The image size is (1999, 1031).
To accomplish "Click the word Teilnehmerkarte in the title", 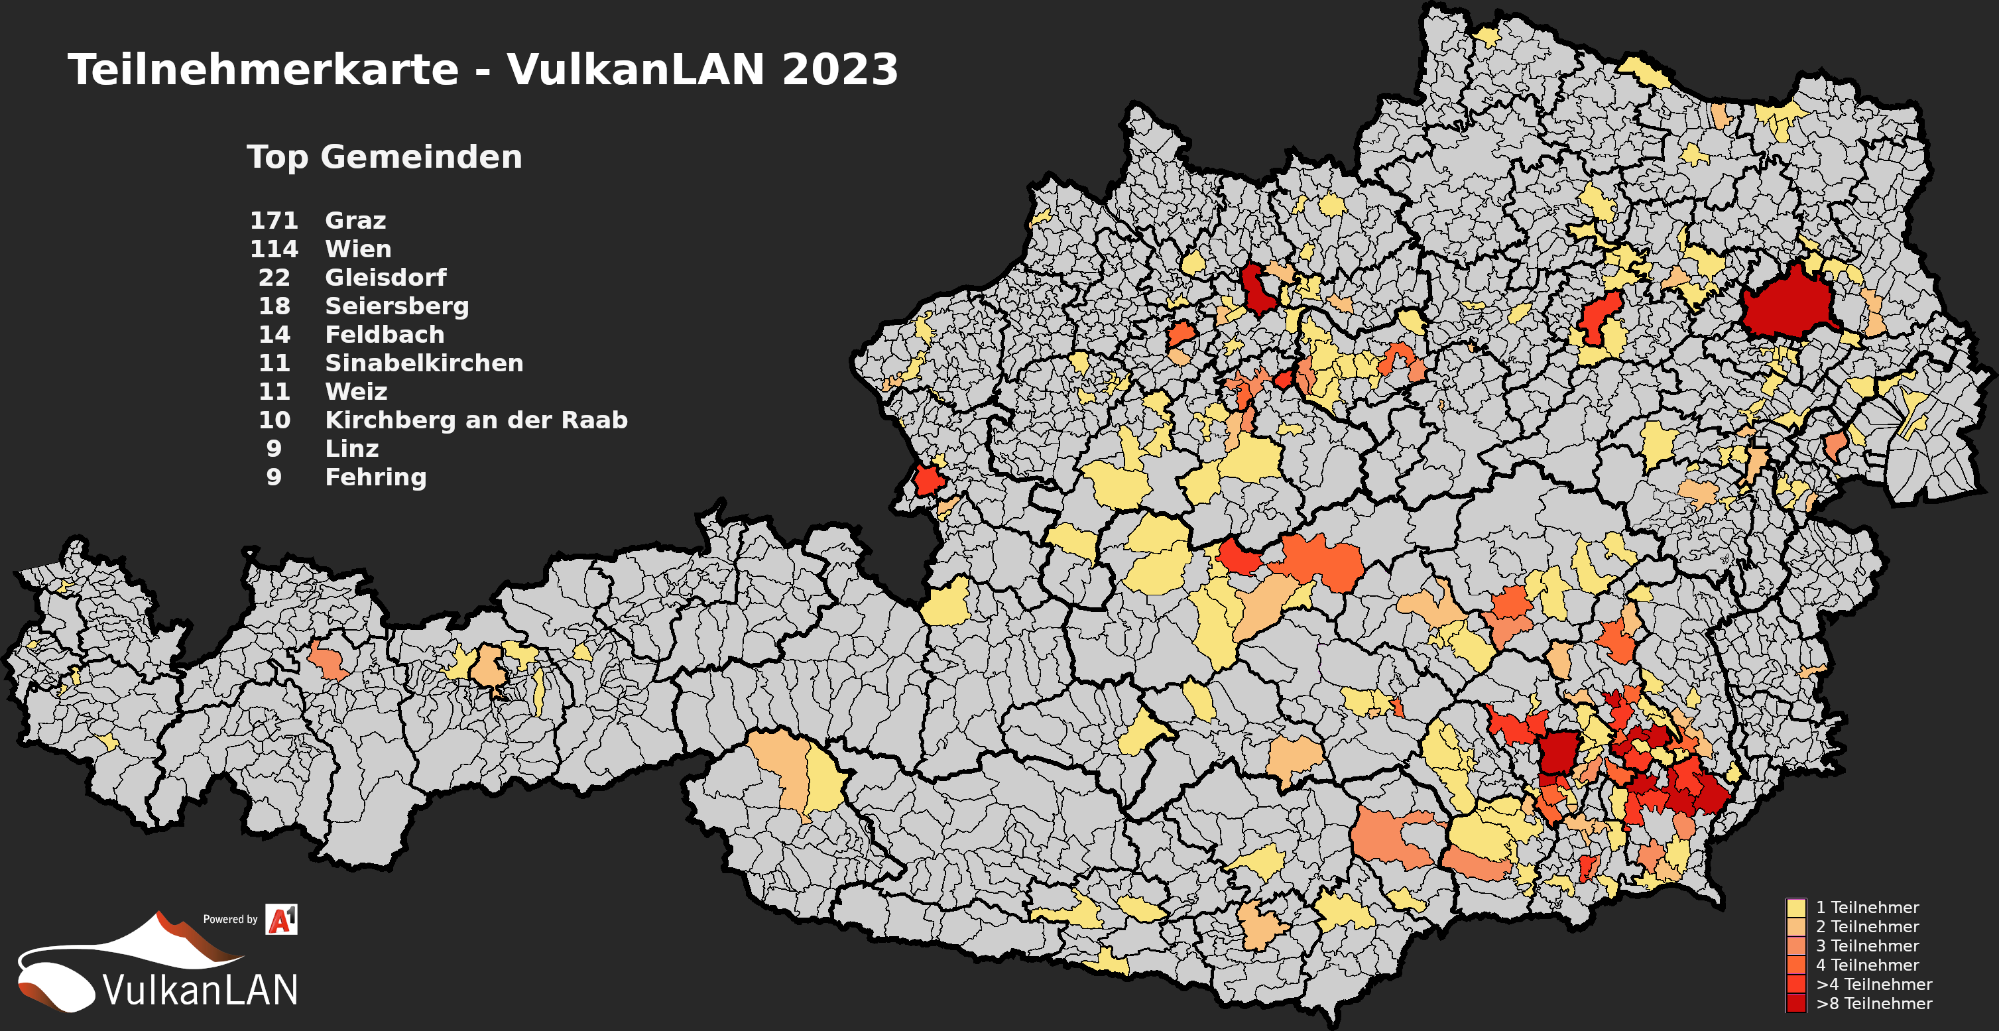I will point(263,70).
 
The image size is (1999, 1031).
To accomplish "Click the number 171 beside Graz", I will point(274,220).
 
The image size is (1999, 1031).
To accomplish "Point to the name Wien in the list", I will point(358,249).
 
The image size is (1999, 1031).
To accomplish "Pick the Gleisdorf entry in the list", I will point(385,278).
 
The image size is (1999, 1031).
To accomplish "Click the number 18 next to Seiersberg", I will point(274,306).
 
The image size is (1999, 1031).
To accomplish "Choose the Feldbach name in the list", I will point(384,335).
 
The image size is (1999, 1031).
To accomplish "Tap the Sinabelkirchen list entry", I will point(424,363).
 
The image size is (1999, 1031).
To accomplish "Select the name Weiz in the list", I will point(355,392).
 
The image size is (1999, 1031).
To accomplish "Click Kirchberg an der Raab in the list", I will point(475,420).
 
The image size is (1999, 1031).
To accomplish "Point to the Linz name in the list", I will point(351,449).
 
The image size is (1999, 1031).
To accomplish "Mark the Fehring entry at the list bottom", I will point(375,477).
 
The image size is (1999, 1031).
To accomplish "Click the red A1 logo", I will point(281,920).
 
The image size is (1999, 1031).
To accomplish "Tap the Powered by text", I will point(229,920).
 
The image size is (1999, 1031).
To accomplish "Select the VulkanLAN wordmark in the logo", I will point(200,990).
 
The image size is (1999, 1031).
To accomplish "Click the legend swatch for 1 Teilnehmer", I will point(1795,908).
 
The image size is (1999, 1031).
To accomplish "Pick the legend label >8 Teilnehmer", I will point(1873,1004).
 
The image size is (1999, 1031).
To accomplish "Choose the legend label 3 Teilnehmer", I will point(1866,946).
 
